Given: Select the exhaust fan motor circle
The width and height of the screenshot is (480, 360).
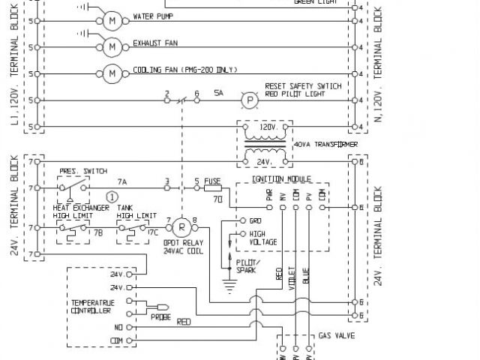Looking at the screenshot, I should tap(111, 46).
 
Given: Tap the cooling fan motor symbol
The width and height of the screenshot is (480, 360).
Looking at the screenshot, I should tap(111, 73).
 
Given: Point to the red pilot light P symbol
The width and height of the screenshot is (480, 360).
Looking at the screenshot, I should tap(247, 100).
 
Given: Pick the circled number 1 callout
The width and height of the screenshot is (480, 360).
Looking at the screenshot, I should tap(112, 196).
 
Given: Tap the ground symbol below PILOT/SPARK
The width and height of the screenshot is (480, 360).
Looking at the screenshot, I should tap(229, 285).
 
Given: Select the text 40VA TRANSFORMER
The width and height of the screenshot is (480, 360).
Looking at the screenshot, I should tap(325, 144).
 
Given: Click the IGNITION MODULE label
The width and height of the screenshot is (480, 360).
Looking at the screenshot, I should tap(282, 179).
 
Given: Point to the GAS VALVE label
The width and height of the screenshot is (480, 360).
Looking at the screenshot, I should tap(337, 337).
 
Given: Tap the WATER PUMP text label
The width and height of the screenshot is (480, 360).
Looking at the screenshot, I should tap(154, 16).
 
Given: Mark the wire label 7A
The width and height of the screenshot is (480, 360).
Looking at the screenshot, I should tap(121, 181).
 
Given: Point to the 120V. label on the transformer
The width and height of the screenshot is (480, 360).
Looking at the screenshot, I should tap(267, 127).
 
